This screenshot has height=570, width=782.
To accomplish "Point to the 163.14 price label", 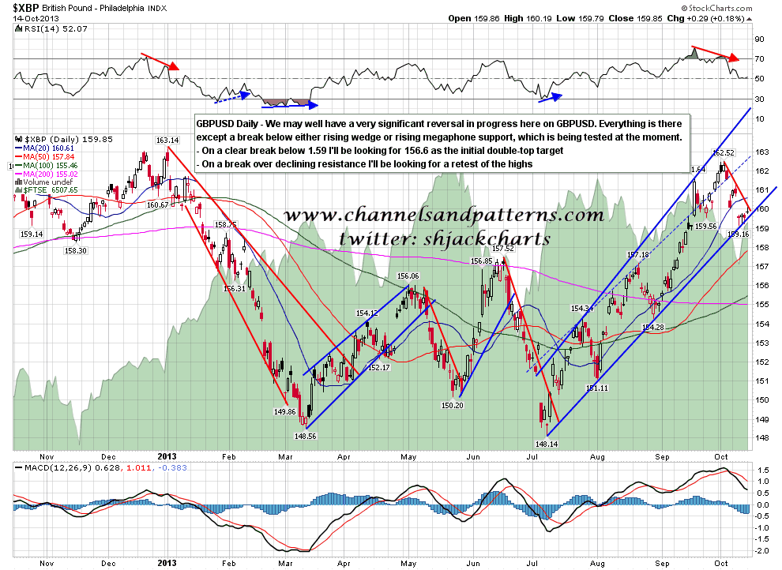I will [x=167, y=141].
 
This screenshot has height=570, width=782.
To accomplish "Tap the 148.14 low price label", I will [x=546, y=444].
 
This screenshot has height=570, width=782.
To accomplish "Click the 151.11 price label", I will [x=596, y=388].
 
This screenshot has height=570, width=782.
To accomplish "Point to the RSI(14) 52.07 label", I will [x=43, y=29].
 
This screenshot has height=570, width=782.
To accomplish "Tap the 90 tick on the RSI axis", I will [x=758, y=39].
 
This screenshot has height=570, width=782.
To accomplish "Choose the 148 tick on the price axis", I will [x=758, y=437].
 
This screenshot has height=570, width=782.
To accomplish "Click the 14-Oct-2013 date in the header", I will [x=29, y=18].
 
